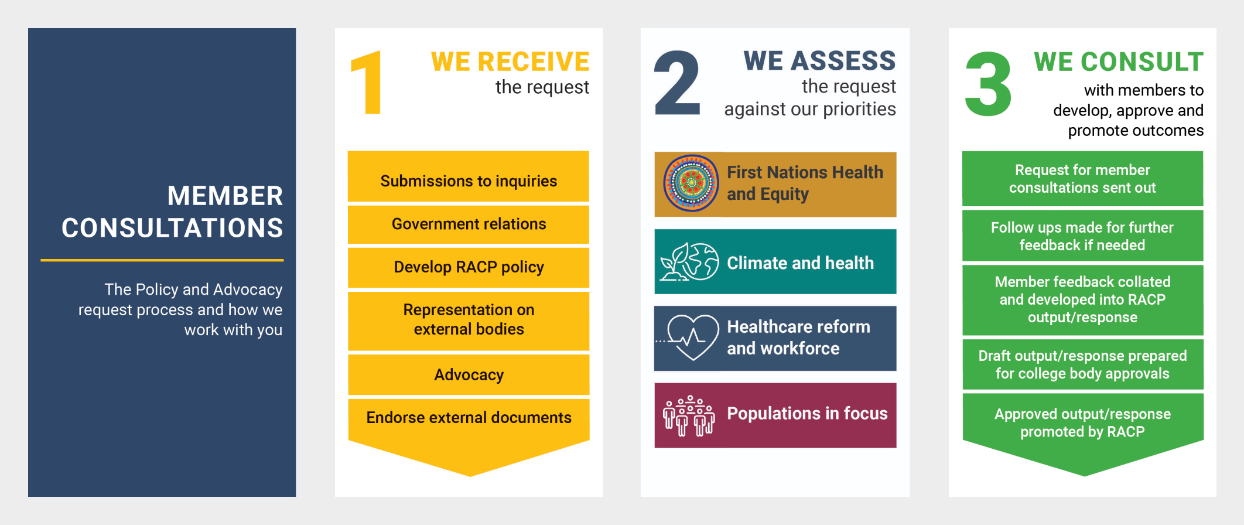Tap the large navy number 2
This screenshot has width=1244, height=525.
coord(677,83)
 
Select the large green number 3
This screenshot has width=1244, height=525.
coord(988,84)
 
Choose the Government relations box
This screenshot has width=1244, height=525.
coord(469,224)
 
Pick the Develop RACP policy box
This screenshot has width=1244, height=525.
coord(469,267)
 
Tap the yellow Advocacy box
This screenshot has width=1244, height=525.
coord(469,374)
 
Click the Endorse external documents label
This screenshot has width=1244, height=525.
coord(469,417)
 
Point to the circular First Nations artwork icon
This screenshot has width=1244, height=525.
coord(691,183)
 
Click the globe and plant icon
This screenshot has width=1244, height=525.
coord(689,262)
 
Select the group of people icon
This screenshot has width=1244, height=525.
coord(689,415)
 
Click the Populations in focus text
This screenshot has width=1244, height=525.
coord(807,413)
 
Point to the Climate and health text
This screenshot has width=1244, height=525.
coord(800,263)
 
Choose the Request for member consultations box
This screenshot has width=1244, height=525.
coord(1082,179)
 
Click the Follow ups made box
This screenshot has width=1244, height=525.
coord(1082,236)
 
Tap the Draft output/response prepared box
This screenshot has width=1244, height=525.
coord(1082,364)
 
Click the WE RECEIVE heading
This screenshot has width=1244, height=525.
coord(510,62)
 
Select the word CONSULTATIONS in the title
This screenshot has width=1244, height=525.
coord(172,228)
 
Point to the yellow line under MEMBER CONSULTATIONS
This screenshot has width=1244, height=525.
coord(162,260)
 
